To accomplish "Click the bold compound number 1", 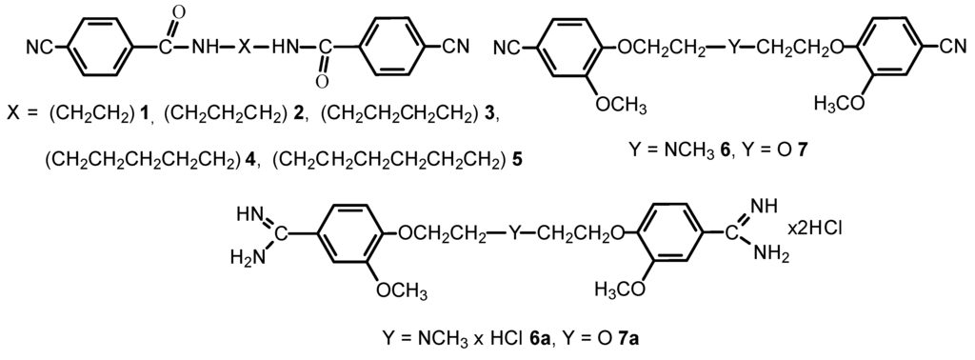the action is pyautogui.click(x=146, y=116).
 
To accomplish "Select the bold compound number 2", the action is pyautogui.click(x=299, y=116).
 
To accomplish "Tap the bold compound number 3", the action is pyautogui.click(x=489, y=116).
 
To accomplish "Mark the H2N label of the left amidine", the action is pyautogui.click(x=246, y=257).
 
